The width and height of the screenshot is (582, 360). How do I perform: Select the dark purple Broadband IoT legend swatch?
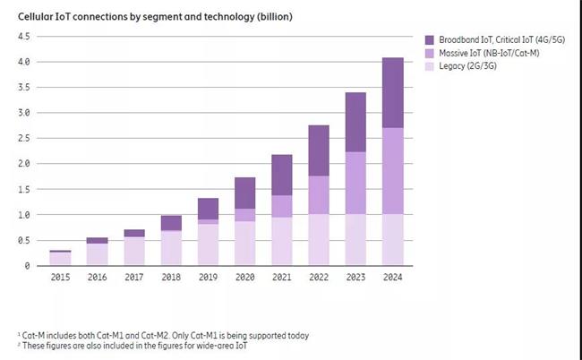[431, 40]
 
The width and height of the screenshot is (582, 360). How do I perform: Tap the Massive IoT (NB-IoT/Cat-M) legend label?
[487, 55]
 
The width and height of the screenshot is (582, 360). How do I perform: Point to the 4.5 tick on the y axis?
[24, 36]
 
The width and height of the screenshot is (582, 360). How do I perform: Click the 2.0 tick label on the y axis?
[24, 164]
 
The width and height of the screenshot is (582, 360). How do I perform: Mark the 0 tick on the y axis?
[28, 266]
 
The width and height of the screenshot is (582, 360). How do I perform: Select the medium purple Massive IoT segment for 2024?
[391, 170]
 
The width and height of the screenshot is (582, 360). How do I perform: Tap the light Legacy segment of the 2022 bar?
[318, 239]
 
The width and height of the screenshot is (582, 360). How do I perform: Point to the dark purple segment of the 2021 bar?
[281, 175]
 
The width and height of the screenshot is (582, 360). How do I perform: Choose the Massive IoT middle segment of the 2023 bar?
[355, 183]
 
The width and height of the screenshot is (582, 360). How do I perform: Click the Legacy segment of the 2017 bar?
[134, 251]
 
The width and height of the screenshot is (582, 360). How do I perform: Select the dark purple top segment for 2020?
[244, 193]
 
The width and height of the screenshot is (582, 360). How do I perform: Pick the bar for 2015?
[61, 258]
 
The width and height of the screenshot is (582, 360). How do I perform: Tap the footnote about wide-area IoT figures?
[134, 346]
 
